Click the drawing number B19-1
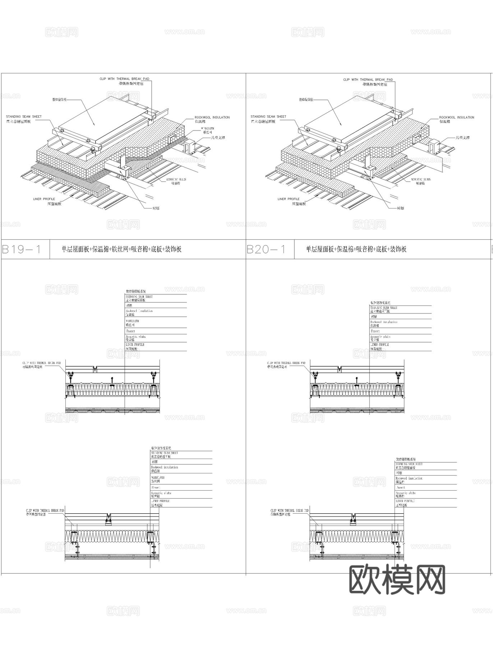[22, 249]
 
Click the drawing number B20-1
[266, 249]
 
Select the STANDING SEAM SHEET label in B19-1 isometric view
[24, 117]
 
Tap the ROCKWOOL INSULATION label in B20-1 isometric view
[456, 118]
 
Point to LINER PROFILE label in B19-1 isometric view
[44, 199]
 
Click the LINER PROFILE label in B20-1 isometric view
[289, 199]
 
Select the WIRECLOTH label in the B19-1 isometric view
[207, 129]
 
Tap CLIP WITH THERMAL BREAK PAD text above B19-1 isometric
[124, 79]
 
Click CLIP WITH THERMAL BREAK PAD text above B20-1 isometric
[368, 80]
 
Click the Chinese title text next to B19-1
[121, 249]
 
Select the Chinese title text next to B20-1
[356, 249]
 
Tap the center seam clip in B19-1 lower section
[108, 520]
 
